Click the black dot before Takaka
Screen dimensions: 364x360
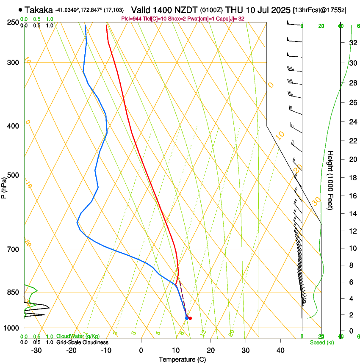(x=20, y=10)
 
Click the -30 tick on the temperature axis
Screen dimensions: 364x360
(x=36, y=350)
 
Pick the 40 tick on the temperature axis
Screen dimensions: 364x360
(x=280, y=350)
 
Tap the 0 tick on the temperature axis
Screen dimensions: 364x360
(x=141, y=350)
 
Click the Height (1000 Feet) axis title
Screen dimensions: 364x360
(x=331, y=180)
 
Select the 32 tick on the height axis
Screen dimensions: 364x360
(x=352, y=42)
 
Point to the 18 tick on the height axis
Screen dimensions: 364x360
(x=352, y=177)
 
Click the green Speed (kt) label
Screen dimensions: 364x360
(x=321, y=342)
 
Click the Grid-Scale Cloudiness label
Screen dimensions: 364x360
(x=82, y=342)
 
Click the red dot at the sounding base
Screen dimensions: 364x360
(x=190, y=318)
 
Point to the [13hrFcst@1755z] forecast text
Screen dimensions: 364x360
(x=319, y=10)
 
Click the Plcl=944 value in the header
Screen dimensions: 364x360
(x=131, y=19)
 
